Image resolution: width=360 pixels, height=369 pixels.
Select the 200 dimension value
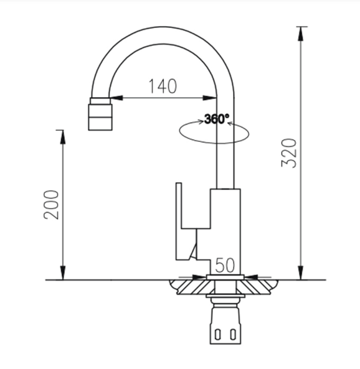click(53, 203)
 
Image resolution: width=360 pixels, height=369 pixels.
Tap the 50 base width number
click(225, 265)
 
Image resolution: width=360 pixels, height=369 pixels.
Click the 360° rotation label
click(217, 119)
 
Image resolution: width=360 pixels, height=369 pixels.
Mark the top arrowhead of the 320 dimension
click(302, 31)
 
